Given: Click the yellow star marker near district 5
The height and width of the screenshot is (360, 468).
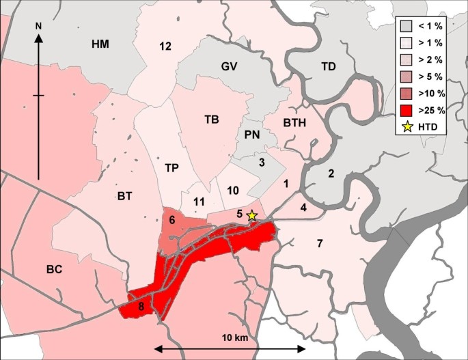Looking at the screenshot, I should [x=252, y=216].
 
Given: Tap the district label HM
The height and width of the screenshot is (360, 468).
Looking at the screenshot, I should [x=100, y=44].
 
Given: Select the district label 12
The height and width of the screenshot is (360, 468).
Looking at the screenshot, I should [x=165, y=46].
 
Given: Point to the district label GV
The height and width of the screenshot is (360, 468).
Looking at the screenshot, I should [x=228, y=66].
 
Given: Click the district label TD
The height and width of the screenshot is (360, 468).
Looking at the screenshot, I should [x=329, y=66].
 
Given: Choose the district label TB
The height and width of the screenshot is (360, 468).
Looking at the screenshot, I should [x=212, y=120].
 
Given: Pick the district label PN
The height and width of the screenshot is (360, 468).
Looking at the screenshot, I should [x=251, y=135].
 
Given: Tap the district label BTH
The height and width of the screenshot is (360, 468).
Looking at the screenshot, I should [x=294, y=123].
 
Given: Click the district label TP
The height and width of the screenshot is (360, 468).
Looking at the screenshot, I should [x=171, y=167].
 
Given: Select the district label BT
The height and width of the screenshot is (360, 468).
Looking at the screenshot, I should [x=124, y=197].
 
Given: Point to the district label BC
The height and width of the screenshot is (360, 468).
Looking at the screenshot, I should [x=55, y=269].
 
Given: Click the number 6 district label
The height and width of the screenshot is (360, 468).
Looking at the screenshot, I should [x=172, y=219].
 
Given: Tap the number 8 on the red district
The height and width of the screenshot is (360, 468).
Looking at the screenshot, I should [x=141, y=307].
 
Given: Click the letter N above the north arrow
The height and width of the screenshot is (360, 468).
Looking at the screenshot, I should [x=39, y=26].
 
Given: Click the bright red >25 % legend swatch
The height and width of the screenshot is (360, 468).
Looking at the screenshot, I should [x=408, y=109].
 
